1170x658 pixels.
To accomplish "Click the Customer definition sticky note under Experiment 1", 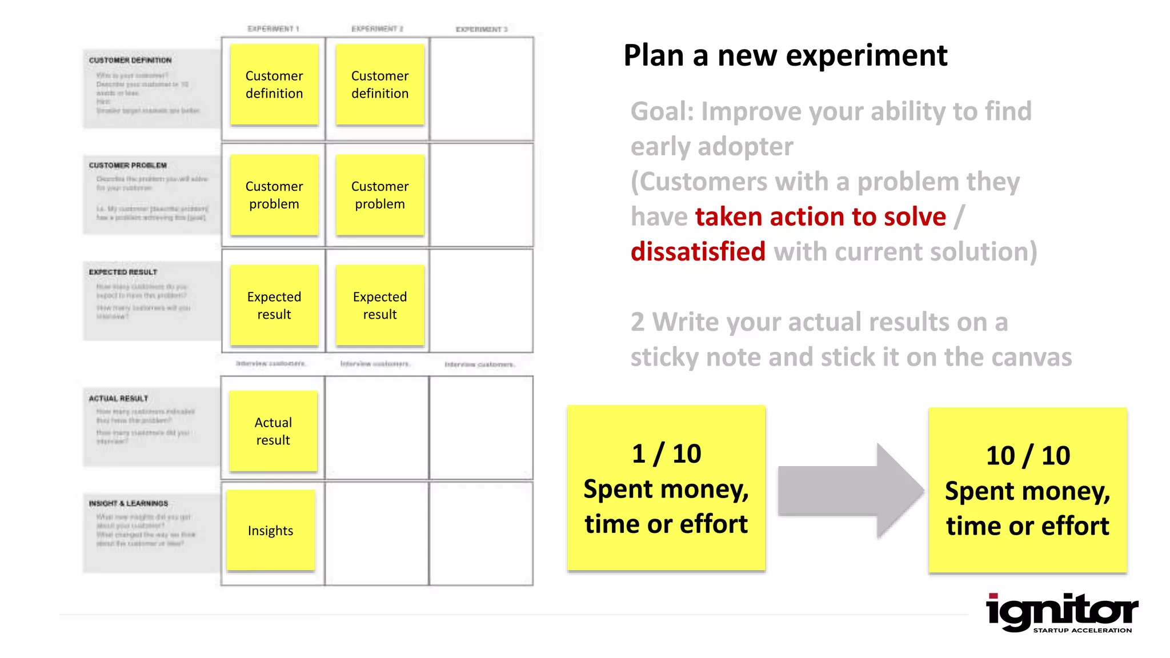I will [x=274, y=85].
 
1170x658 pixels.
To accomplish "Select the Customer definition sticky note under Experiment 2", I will [x=380, y=85].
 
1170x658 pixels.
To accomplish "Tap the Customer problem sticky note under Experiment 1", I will [x=274, y=195].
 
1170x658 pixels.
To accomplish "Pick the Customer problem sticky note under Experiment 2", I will [x=380, y=195].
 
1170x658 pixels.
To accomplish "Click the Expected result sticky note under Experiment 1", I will [x=274, y=305].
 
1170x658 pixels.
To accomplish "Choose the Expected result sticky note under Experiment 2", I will [x=380, y=305].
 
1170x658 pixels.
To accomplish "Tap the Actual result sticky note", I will [x=273, y=431].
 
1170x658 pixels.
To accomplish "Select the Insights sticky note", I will [x=271, y=530].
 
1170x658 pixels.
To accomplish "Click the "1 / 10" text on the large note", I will [x=666, y=454].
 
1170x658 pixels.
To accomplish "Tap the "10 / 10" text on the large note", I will [x=1028, y=456].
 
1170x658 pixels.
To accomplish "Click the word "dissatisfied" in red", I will [x=698, y=252].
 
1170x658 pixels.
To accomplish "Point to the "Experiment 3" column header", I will [x=481, y=29].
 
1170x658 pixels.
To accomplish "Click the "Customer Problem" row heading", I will [x=128, y=166].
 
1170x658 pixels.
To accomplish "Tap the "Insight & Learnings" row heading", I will [x=129, y=503].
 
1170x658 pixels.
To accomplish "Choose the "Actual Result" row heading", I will [x=118, y=398].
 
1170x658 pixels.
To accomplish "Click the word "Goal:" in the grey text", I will [x=662, y=111].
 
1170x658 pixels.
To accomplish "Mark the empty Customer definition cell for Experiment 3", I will [x=482, y=89].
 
